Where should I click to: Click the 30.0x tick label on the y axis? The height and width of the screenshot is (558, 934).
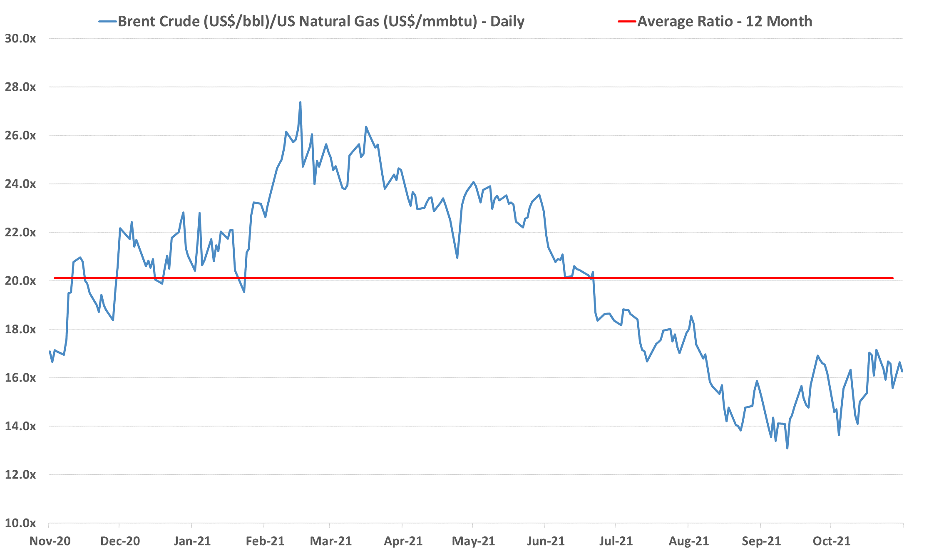tap(20, 39)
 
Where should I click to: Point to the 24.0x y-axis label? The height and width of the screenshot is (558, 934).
tap(20, 184)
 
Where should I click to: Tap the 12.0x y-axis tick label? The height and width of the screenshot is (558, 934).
tap(20, 475)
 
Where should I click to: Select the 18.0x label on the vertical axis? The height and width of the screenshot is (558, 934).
tap(20, 330)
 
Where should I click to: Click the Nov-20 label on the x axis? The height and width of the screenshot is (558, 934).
tap(50, 541)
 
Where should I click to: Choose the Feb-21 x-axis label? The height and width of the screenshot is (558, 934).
tap(265, 541)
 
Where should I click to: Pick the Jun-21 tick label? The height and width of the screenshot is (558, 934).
tap(546, 541)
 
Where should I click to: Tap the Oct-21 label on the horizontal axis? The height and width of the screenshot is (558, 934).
tap(832, 541)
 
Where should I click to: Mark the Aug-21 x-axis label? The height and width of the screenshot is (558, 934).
tap(689, 541)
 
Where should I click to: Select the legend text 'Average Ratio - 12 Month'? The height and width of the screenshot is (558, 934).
tap(725, 21)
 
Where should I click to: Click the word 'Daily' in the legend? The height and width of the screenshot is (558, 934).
tap(507, 21)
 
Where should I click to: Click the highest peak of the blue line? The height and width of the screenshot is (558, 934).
tap(300, 102)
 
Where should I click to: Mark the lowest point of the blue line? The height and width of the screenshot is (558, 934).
tap(787, 448)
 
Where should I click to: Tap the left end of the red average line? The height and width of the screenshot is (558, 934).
tap(55, 278)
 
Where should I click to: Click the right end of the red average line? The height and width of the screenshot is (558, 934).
tap(893, 278)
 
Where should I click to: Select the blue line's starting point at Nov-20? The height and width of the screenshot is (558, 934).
tap(50, 352)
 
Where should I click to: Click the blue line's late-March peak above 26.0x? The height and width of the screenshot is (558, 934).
tap(366, 127)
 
